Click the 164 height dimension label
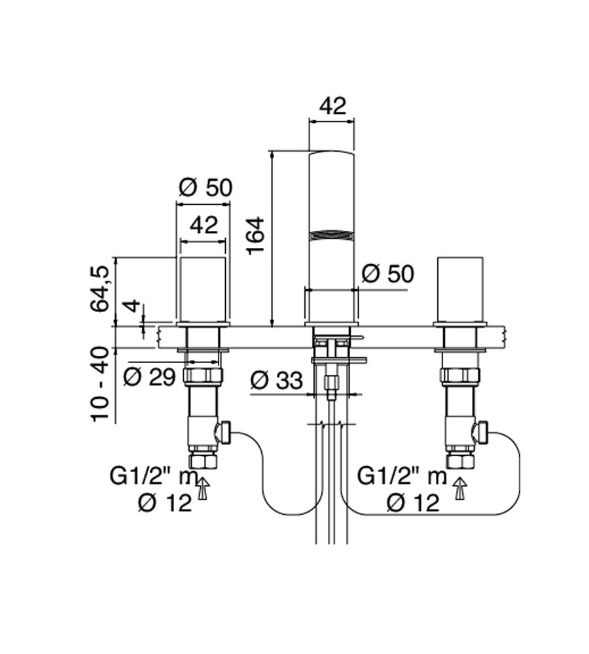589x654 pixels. point(255,235)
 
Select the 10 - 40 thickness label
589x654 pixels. point(100,383)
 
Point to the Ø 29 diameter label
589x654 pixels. point(149,377)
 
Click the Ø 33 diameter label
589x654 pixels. point(277,381)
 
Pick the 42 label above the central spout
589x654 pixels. point(332,106)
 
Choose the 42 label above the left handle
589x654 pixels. point(204,225)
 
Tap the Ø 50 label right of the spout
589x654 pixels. point(388,273)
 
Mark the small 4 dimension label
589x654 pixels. point(133,305)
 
